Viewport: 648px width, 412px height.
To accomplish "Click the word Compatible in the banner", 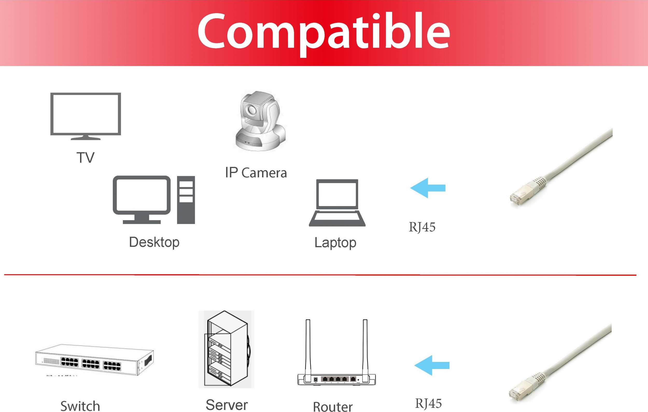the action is [x=324, y=34].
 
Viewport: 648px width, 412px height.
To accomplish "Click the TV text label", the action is [x=86, y=157].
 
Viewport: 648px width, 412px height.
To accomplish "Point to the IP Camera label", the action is [x=256, y=172].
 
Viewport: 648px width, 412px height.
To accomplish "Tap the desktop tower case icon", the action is [x=186, y=200].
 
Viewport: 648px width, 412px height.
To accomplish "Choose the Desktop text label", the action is [x=154, y=242].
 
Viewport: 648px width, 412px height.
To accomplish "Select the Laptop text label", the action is [x=335, y=243].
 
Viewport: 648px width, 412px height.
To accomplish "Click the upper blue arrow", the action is [x=428, y=188].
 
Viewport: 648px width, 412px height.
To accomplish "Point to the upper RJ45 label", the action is [x=422, y=227].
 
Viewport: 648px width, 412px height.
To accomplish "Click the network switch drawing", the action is [x=94, y=360].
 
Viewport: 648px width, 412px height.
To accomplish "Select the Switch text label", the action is [x=80, y=406].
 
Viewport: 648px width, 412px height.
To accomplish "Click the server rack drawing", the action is [x=226, y=349].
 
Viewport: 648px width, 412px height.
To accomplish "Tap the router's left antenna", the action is [x=308, y=350].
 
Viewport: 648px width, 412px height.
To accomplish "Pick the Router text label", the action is [x=333, y=407].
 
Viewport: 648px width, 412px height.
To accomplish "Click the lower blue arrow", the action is [x=432, y=365].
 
